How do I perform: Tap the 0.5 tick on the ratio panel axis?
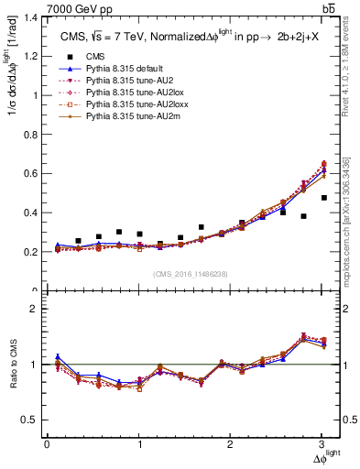pos(47,420)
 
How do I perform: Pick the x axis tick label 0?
pos(47,445)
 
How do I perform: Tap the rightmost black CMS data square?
pos(324,198)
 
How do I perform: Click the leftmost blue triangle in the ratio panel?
pos(59,357)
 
